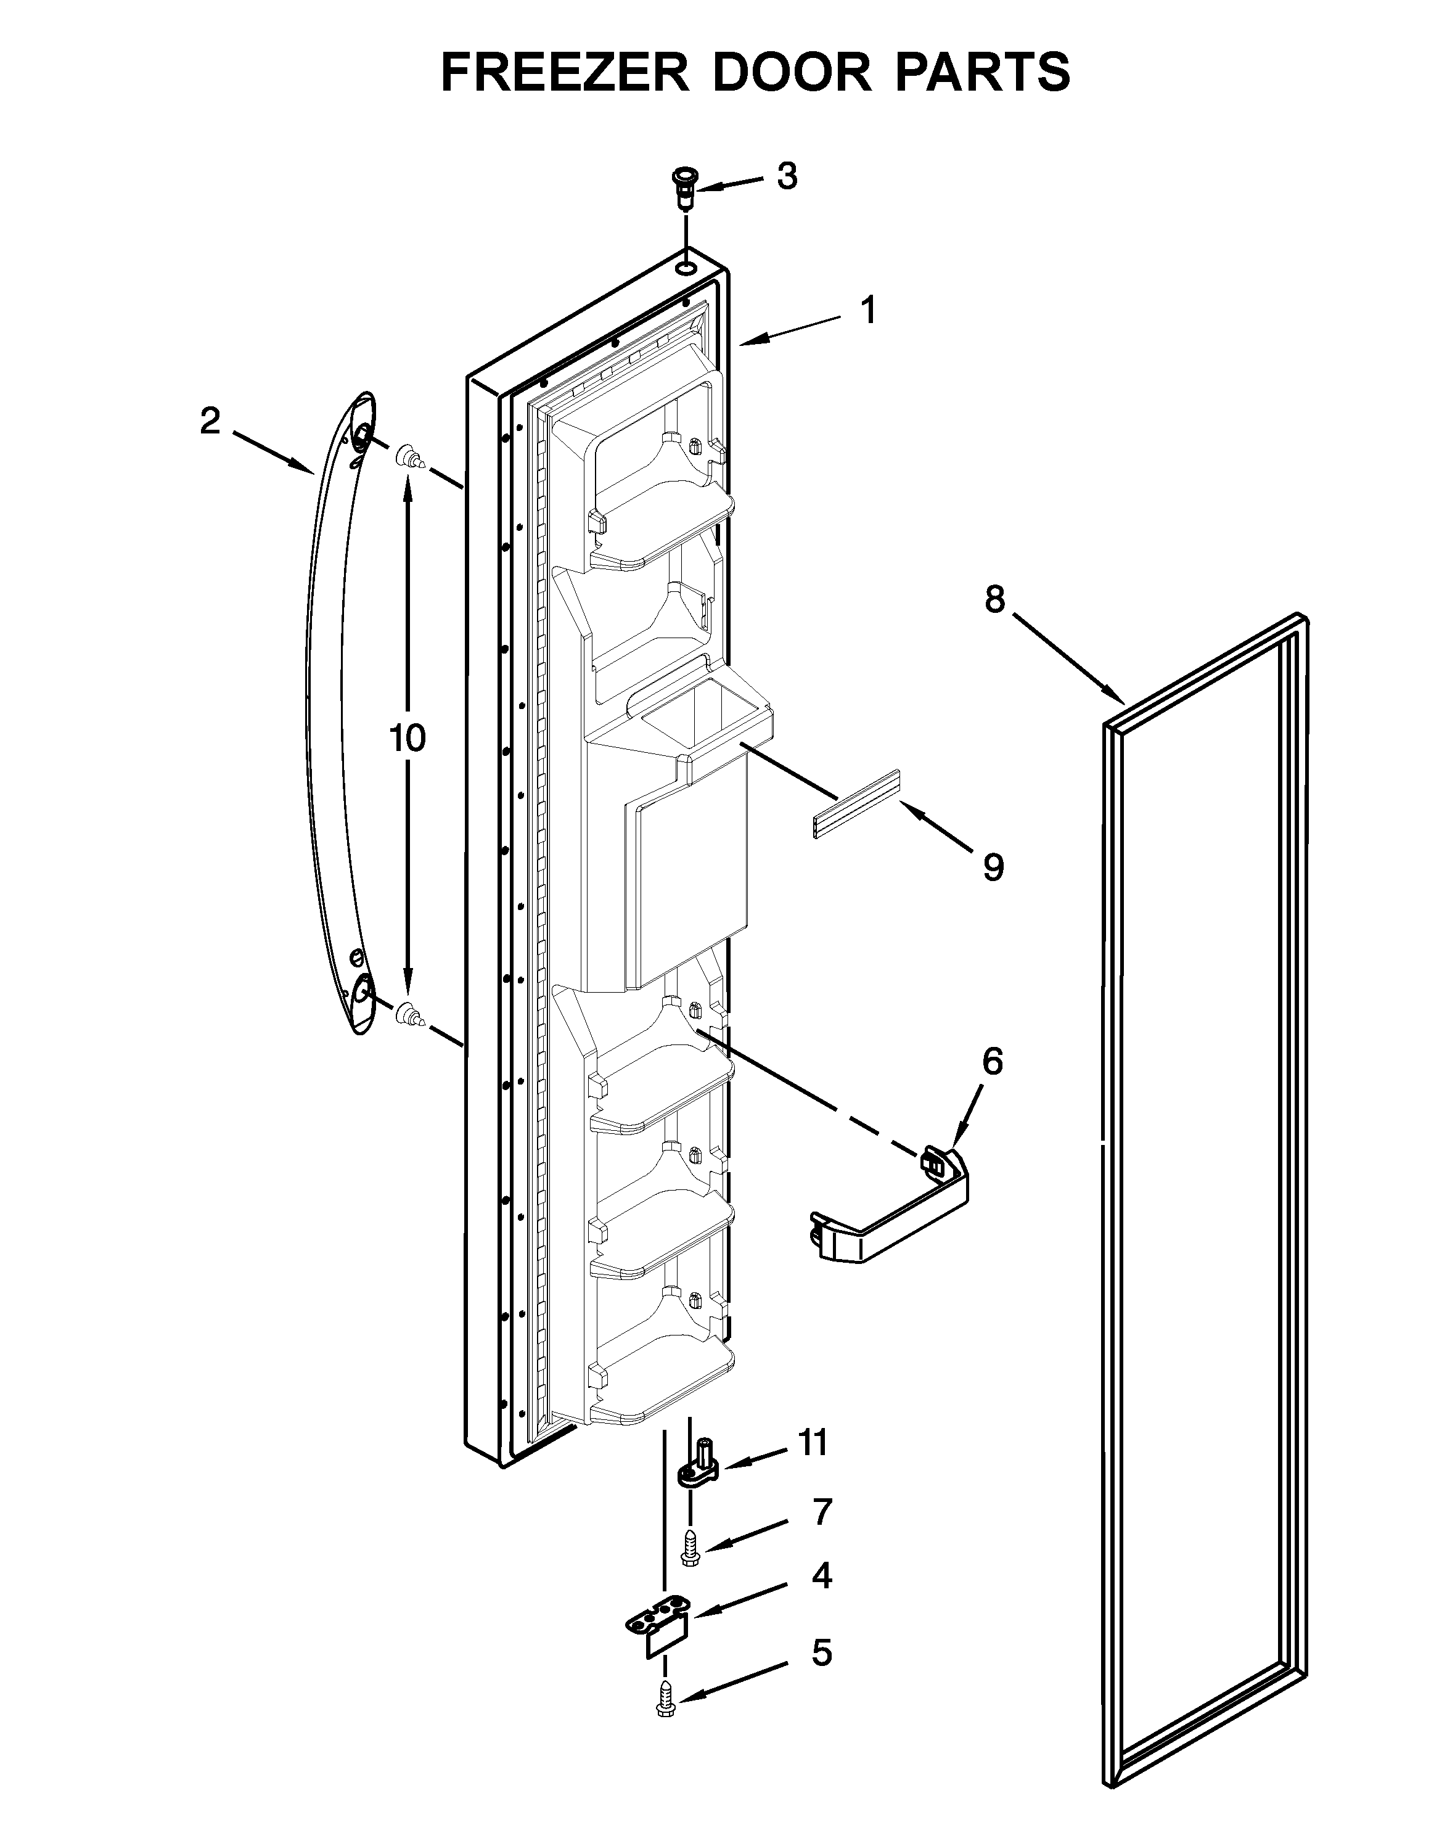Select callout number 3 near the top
(x=786, y=177)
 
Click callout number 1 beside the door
(x=869, y=311)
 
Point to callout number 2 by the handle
(x=210, y=421)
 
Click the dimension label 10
(x=408, y=738)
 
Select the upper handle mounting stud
(x=410, y=459)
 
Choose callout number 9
(x=993, y=868)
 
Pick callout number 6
(x=993, y=1062)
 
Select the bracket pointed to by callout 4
(x=662, y=1628)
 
